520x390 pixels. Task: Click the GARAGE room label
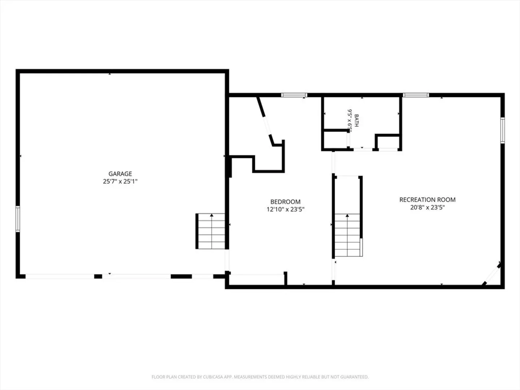point(120,174)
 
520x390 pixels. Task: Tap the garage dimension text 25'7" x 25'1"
point(120,181)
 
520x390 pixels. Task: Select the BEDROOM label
point(286,202)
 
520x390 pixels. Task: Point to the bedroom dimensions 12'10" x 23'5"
point(286,209)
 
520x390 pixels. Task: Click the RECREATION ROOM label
point(427,200)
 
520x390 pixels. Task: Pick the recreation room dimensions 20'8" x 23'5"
point(427,207)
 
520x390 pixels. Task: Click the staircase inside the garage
point(211,231)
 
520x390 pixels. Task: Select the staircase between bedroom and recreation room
point(347,235)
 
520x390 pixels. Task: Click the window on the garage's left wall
point(18,219)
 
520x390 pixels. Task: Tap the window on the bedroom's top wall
point(294,95)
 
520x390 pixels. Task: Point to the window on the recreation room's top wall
point(416,95)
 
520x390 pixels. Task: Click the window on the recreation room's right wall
point(503,130)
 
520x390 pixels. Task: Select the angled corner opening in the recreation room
point(492,274)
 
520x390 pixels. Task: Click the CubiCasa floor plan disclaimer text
point(260,377)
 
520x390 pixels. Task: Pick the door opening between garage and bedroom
point(227,260)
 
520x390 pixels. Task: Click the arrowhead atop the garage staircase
point(212,215)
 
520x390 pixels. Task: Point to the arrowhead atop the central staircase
point(347,216)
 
